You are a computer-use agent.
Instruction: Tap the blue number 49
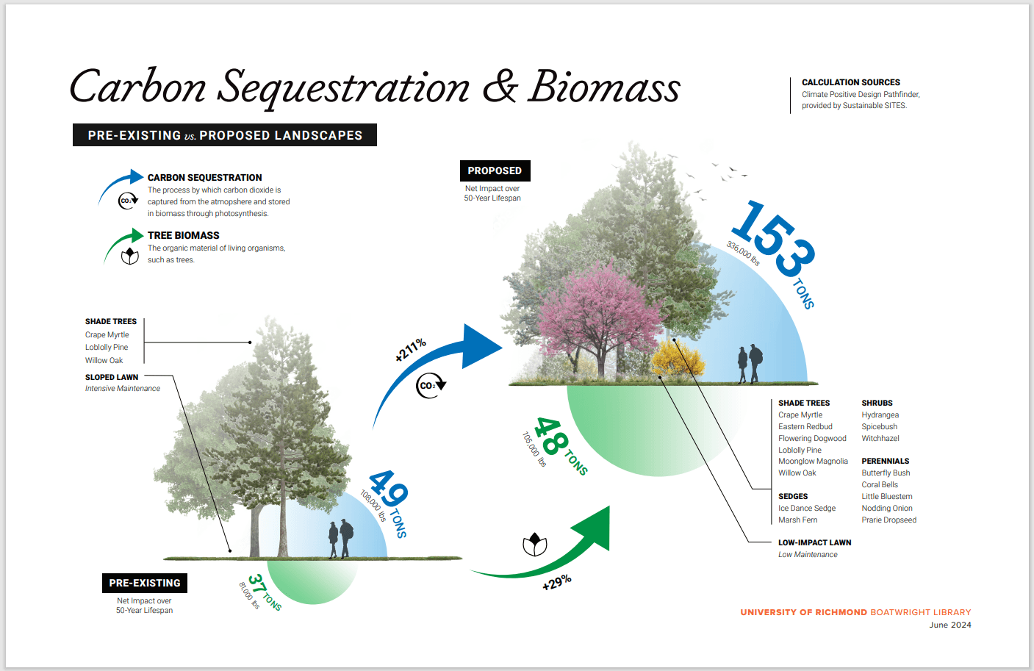pyautogui.click(x=388, y=489)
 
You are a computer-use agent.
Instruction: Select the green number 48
pyautogui.click(x=551, y=437)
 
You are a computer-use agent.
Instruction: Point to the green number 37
pyautogui.click(x=256, y=585)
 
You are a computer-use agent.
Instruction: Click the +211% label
pyautogui.click(x=410, y=350)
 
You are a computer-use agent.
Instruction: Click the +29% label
pyautogui.click(x=556, y=583)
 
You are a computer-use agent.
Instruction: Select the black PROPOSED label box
pyautogui.click(x=495, y=171)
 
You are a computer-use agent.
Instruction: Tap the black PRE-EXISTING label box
pyautogui.click(x=144, y=583)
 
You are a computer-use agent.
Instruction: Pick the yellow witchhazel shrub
pyautogui.click(x=677, y=358)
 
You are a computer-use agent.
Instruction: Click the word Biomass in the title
pyautogui.click(x=604, y=87)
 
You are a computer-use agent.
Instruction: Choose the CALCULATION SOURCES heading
pyautogui.click(x=850, y=82)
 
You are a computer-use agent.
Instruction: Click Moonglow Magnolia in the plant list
pyautogui.click(x=813, y=462)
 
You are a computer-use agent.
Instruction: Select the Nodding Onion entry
pyautogui.click(x=887, y=509)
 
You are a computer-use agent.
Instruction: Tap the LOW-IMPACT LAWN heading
pyautogui.click(x=814, y=543)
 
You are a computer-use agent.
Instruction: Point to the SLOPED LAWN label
pyautogui.click(x=112, y=378)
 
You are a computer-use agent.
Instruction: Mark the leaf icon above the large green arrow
pyautogui.click(x=534, y=545)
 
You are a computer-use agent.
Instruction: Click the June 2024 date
pyautogui.click(x=949, y=625)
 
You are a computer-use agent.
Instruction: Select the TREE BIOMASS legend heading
pyautogui.click(x=183, y=236)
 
